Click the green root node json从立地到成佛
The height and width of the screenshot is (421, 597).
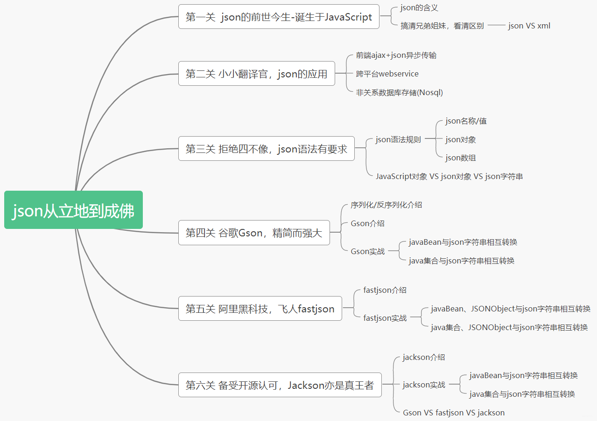73,210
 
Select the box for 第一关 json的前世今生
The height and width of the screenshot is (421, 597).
279,17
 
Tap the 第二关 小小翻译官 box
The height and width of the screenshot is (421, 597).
256,74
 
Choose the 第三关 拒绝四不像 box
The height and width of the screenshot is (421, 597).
266,149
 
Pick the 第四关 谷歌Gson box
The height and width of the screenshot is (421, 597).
253,233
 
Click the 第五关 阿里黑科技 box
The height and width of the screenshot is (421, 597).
260,309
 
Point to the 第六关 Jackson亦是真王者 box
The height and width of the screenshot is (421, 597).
280,385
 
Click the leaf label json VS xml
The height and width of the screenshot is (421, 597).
529,26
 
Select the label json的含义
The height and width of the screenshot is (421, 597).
419,8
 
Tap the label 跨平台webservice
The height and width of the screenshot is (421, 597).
387,74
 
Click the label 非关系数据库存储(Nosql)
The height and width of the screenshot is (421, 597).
399,92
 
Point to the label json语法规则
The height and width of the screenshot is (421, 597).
398,139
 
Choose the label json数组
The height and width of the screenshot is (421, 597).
460,158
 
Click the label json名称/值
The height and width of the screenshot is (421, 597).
466,121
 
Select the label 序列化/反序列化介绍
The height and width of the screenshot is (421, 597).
386,205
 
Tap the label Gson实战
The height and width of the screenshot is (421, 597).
367,251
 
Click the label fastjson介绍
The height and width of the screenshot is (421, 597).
385,290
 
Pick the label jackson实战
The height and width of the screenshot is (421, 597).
424,385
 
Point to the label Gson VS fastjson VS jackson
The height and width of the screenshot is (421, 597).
453,413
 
